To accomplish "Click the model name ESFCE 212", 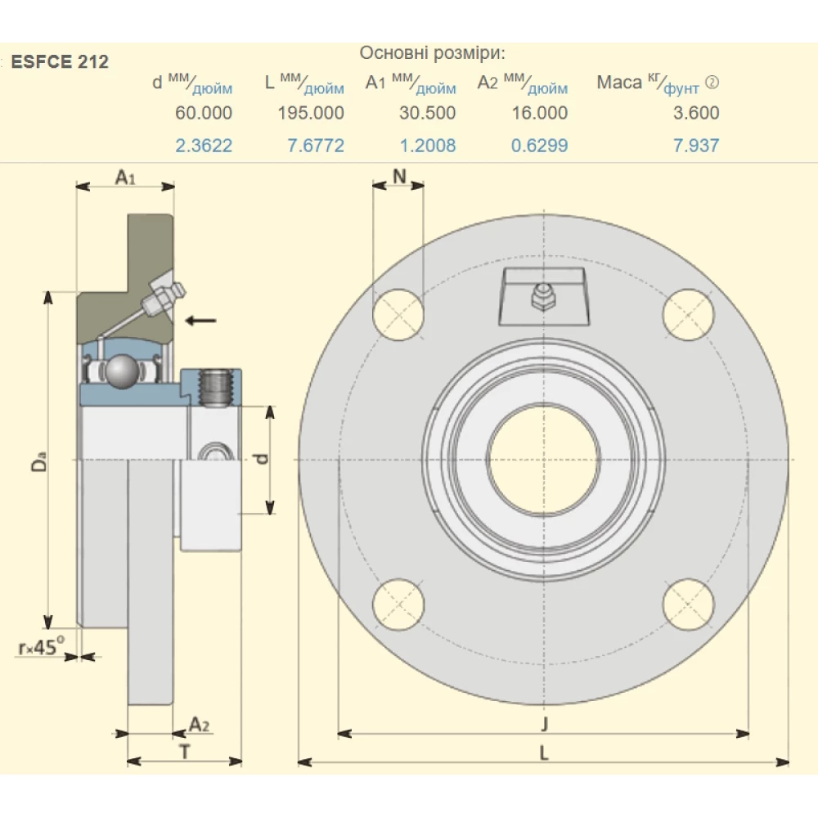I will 60,62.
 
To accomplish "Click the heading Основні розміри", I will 433,54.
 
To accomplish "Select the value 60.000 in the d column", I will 204,113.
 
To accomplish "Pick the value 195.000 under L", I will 310,113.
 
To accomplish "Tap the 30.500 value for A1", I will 427,113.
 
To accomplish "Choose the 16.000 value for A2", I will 539,113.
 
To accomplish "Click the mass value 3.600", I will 696,113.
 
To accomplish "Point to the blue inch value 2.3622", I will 204,146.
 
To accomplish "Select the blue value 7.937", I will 696,146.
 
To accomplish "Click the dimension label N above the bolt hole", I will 398,176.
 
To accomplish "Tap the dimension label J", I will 544,723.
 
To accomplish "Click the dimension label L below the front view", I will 544,754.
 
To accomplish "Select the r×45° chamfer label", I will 41,648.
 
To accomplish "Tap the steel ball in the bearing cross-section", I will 124,371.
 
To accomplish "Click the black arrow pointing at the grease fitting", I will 200,320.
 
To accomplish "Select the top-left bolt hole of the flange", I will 398,315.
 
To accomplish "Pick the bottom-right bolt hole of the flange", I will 689,604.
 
